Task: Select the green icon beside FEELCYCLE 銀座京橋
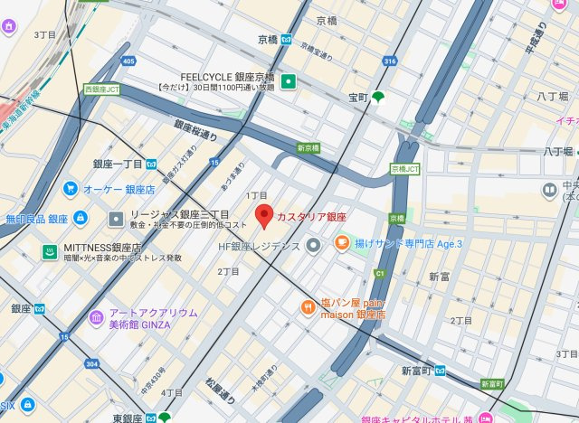coord(289,83)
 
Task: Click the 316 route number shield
coord(390,61)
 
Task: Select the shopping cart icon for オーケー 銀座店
coord(71,189)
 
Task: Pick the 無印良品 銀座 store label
coord(34,219)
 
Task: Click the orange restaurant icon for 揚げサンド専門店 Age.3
coord(342,242)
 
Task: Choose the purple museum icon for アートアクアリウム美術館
coord(96,318)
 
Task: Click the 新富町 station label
coord(413,371)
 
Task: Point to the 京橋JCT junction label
coord(404,169)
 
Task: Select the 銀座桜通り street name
coord(196,132)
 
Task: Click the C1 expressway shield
coord(380,272)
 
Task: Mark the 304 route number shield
coord(90,363)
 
